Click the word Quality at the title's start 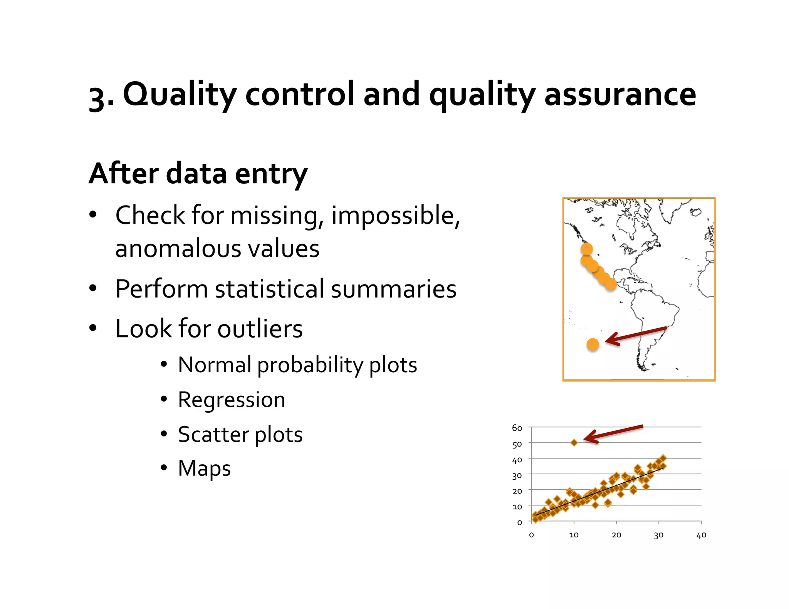click(x=180, y=95)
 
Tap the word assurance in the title click(x=620, y=95)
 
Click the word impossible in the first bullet click(x=395, y=216)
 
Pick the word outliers click(x=260, y=329)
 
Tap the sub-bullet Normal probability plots click(x=297, y=365)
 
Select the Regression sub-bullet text click(x=232, y=400)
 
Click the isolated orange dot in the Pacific click(x=593, y=344)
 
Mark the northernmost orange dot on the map click(x=586, y=249)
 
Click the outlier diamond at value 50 click(x=574, y=443)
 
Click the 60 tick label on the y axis click(x=517, y=428)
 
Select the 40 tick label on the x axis click(x=701, y=535)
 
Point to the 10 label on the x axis click(x=574, y=535)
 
